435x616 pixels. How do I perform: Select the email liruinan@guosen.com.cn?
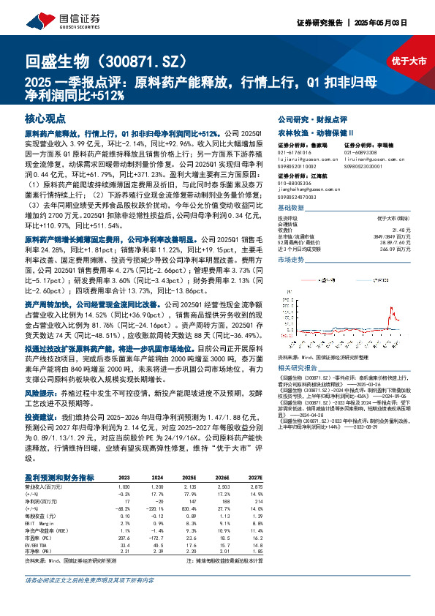coord(371,158)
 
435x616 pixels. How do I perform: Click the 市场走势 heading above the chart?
coord(292,238)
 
